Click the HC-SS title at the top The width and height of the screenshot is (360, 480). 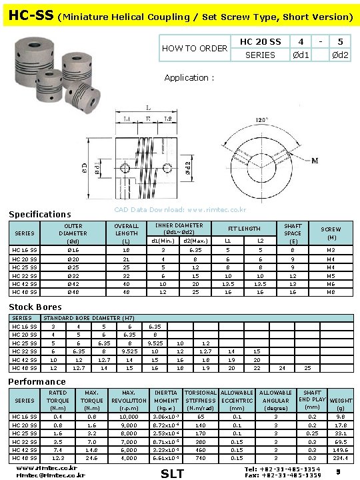[x=28, y=14]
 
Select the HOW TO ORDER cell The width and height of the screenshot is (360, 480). [x=195, y=48]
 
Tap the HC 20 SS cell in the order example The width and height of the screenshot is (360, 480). [x=260, y=42]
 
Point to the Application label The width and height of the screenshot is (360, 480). [x=189, y=78]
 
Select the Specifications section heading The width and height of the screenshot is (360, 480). [x=39, y=215]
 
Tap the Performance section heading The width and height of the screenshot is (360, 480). [x=37, y=381]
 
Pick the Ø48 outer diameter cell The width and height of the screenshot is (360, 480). [x=73, y=292]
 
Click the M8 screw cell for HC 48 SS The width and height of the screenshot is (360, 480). [x=331, y=292]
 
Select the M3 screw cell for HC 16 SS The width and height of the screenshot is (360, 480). [x=331, y=249]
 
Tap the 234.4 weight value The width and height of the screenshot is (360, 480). [x=341, y=458]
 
